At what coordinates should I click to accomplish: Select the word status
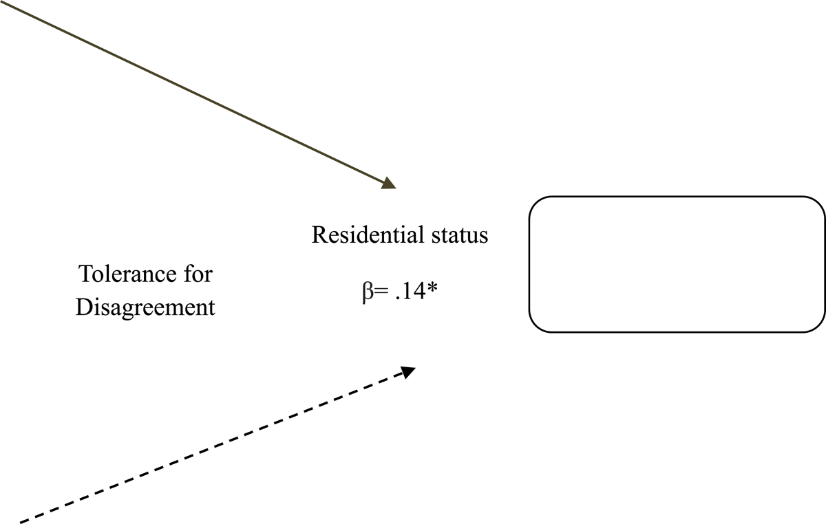(x=460, y=235)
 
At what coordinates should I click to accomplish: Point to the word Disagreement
(x=145, y=307)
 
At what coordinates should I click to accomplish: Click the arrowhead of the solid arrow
(x=390, y=183)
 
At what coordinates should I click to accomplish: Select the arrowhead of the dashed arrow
(x=409, y=371)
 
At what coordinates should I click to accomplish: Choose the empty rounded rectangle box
(x=677, y=265)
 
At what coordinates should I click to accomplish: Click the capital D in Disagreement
(x=83, y=307)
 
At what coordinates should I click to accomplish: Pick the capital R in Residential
(x=319, y=235)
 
